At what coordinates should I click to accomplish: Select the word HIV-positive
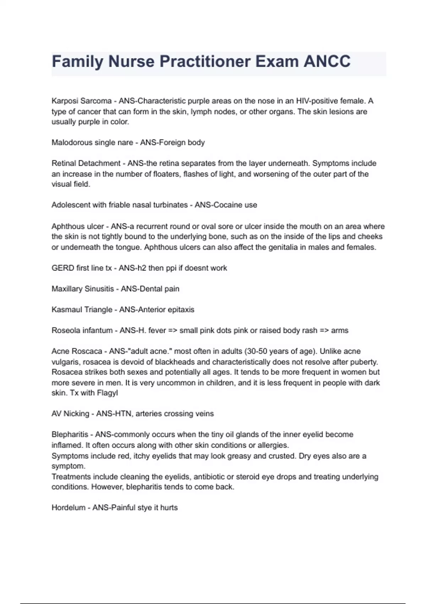click(317, 101)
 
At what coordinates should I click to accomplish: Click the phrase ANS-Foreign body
click(172, 143)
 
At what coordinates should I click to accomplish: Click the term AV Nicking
click(70, 414)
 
